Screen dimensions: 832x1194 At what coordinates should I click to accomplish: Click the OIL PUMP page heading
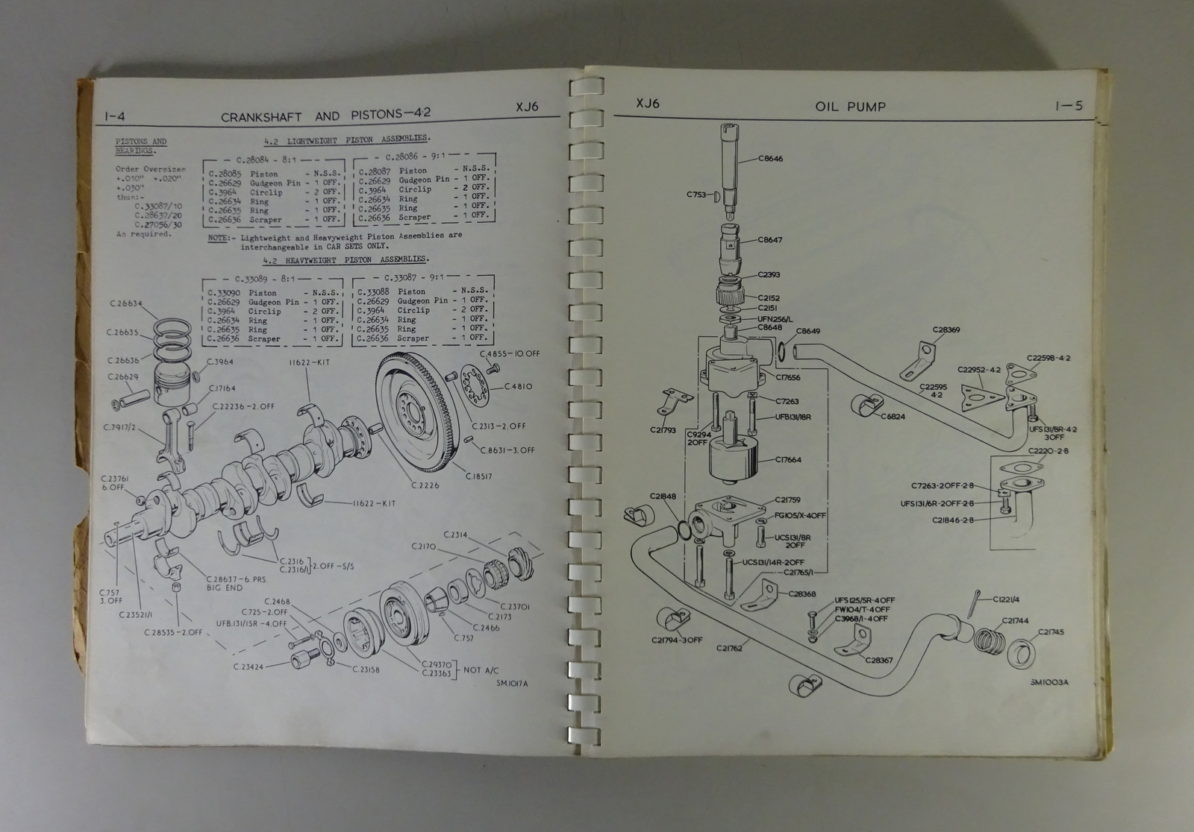pos(850,107)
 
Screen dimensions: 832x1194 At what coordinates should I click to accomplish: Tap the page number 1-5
pos(1069,106)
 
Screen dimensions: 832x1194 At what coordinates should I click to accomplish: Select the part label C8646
pos(770,159)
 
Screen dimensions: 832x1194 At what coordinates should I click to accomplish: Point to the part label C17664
pos(788,460)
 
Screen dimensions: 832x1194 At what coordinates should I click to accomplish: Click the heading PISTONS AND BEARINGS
pos(142,145)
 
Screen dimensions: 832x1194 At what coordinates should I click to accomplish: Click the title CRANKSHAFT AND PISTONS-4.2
pos(327,116)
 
